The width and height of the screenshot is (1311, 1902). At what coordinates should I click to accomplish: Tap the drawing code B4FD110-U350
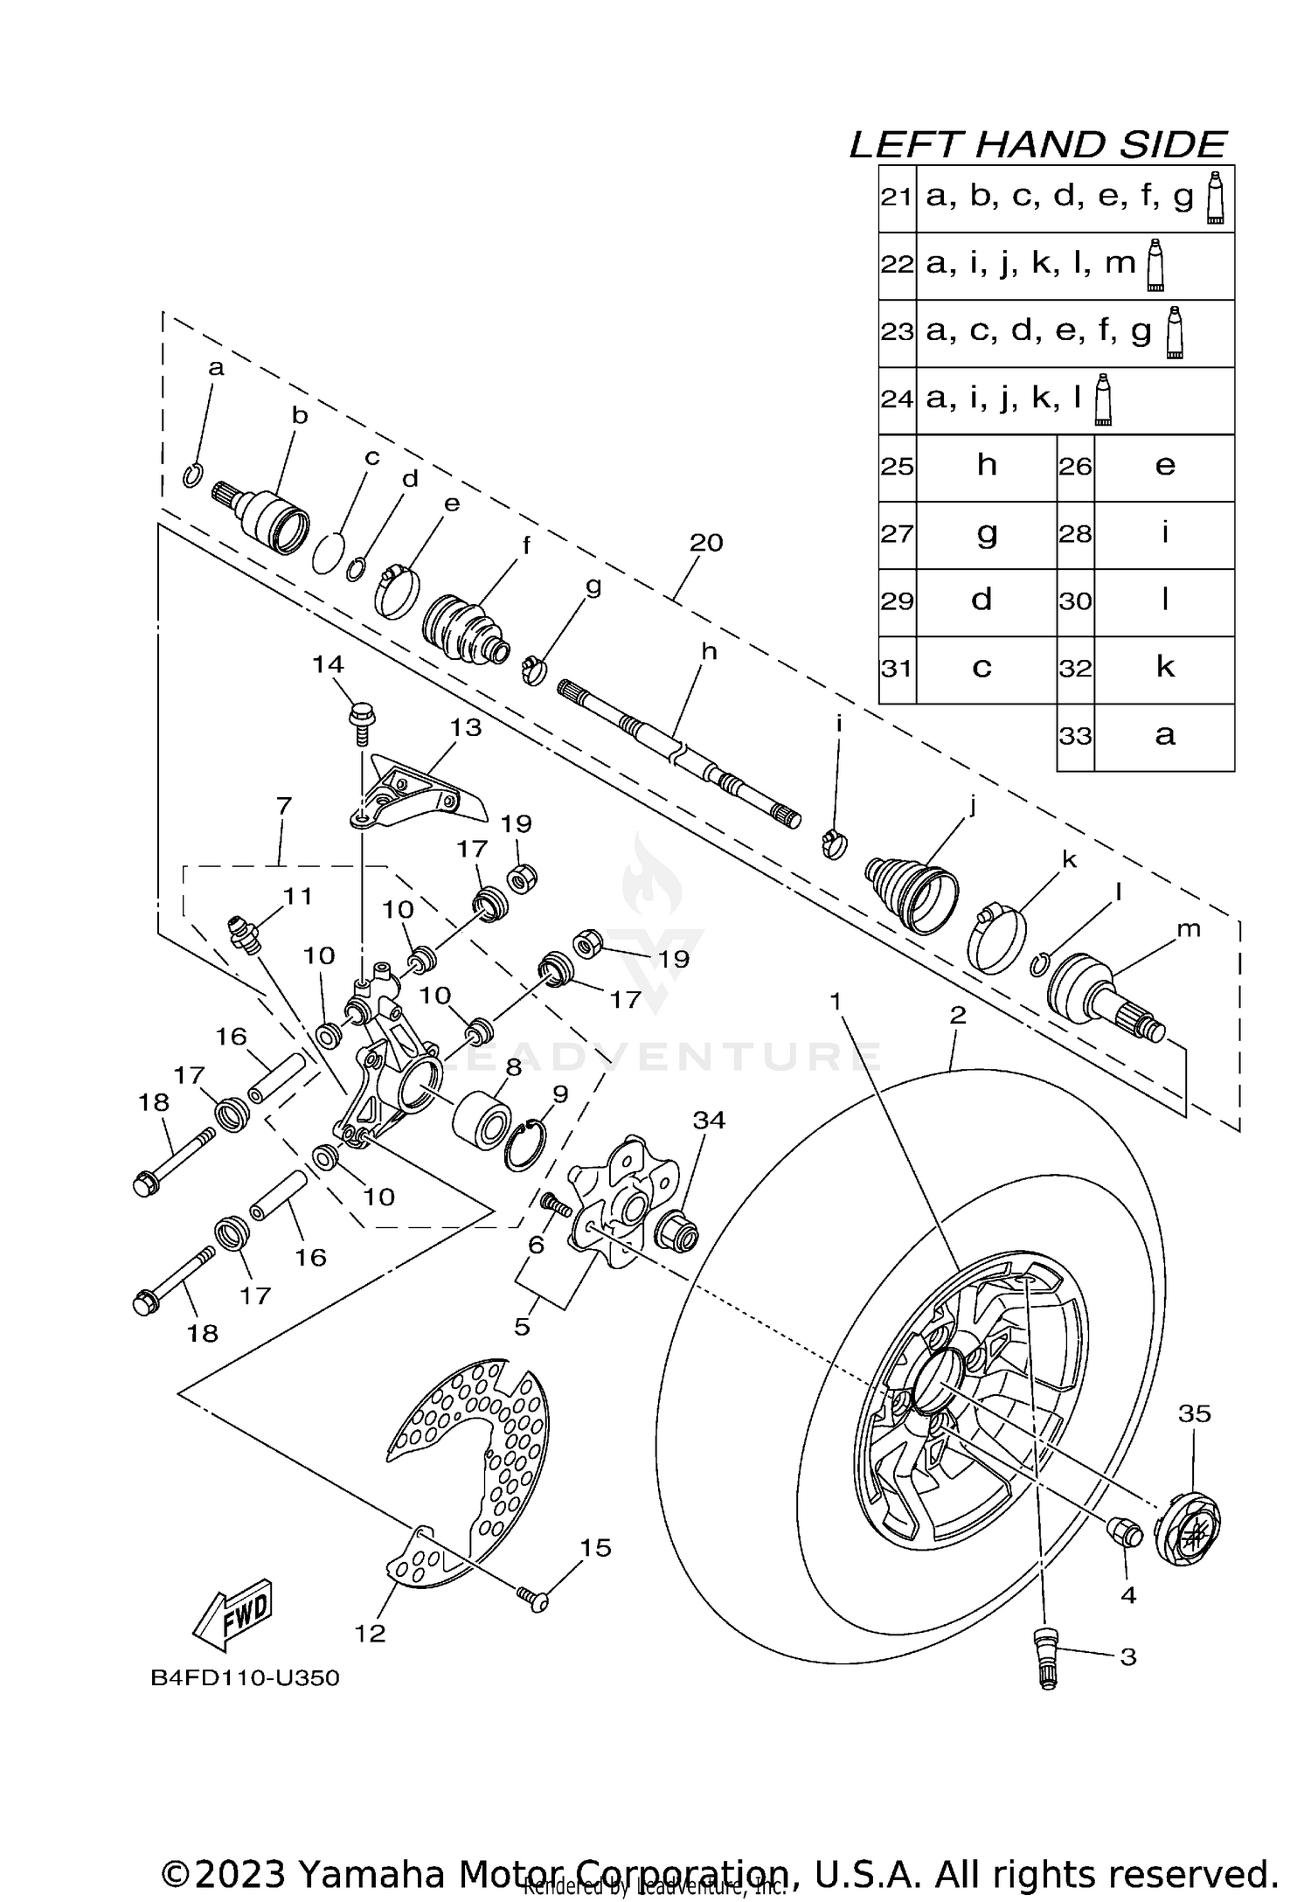[x=245, y=1678]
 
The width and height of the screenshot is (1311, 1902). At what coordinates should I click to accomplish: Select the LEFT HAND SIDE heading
[x=1037, y=145]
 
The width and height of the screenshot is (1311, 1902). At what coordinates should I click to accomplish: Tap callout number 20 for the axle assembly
[x=706, y=543]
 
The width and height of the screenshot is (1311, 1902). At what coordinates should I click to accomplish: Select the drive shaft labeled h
[x=677, y=752]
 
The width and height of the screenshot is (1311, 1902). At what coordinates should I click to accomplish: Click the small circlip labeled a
[x=194, y=475]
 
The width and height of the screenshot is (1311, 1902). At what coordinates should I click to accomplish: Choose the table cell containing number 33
[x=1076, y=736]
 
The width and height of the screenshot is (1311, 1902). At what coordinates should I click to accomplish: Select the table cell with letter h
[x=987, y=466]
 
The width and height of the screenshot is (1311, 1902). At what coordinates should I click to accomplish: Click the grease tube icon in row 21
[x=1213, y=198]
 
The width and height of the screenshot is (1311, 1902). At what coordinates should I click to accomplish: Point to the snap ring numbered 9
[x=525, y=1147]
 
